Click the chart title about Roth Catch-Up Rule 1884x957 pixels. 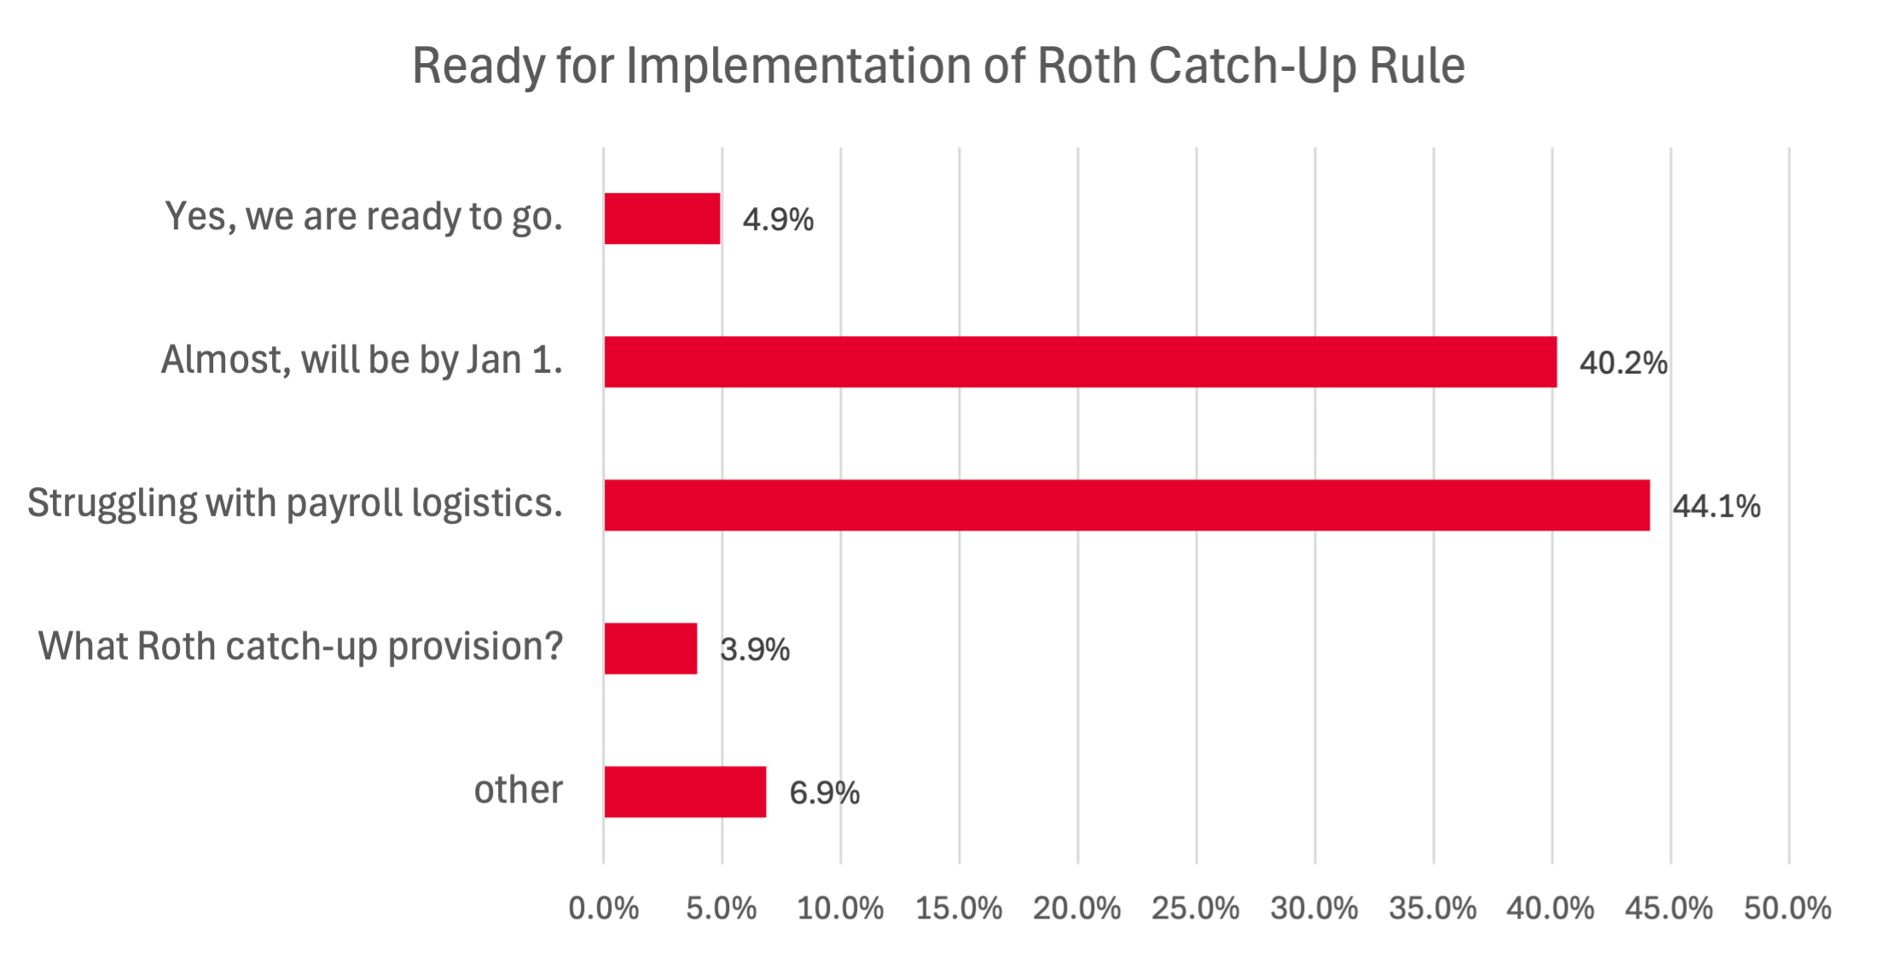coord(938,67)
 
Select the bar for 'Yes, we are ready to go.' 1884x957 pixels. coord(662,218)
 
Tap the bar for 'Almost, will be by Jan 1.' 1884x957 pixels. coord(1080,362)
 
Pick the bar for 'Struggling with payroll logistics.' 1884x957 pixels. coord(1127,505)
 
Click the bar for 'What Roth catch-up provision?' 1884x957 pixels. coord(651,648)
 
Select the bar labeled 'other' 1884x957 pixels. coord(685,792)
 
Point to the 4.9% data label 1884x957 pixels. coord(778,220)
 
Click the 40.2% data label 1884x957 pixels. coord(1623,363)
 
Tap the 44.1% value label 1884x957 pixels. coord(1716,507)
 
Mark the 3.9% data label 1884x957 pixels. coord(755,650)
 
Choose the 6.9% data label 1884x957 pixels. coord(824,793)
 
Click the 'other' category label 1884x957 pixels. coord(519,790)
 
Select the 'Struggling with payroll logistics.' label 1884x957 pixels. coord(295,503)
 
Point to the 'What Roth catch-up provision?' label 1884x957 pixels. coord(300,647)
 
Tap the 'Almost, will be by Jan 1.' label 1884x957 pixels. coord(362,360)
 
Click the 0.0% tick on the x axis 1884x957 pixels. coord(604,908)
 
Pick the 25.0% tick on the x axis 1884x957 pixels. coord(1196,908)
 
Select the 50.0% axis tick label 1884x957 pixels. coord(1788,908)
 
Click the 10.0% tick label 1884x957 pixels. coord(840,908)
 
